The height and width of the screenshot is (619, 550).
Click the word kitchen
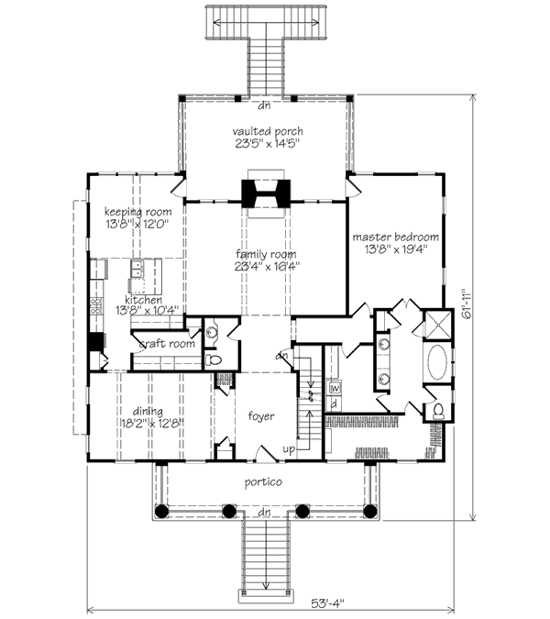pyautogui.click(x=144, y=300)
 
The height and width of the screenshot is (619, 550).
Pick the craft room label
pyautogui.click(x=167, y=344)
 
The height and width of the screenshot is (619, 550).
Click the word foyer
pyautogui.click(x=261, y=416)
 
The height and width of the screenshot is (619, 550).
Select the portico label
pyautogui.click(x=263, y=482)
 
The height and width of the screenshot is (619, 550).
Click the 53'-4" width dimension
pyautogui.click(x=328, y=603)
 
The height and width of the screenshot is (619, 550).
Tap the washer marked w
pyautogui.click(x=335, y=388)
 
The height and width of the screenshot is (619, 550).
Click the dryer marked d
pyautogui.click(x=335, y=403)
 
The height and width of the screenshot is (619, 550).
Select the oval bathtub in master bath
pyautogui.click(x=437, y=362)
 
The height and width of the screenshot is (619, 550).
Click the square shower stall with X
pyautogui.click(x=437, y=325)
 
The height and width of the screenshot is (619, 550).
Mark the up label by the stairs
pyautogui.click(x=289, y=449)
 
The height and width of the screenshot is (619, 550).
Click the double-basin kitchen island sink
pyautogui.click(x=137, y=269)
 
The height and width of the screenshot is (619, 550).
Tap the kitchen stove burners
pyautogui.click(x=96, y=306)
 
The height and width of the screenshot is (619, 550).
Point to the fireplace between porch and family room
pyautogui.click(x=266, y=193)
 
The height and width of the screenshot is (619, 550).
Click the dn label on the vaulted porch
pyautogui.click(x=264, y=105)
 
